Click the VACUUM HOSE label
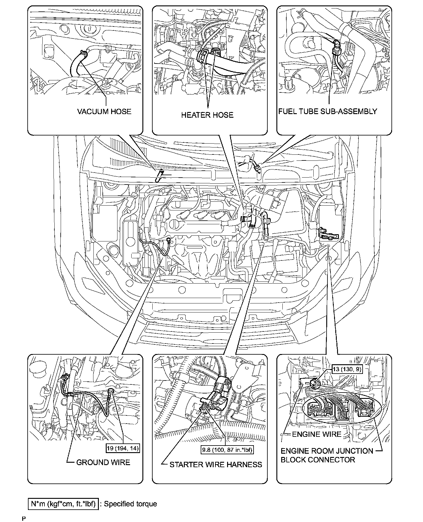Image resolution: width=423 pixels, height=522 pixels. (104, 112)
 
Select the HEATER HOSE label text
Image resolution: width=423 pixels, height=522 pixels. (207, 115)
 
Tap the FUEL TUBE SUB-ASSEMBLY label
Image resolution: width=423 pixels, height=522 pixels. (327, 111)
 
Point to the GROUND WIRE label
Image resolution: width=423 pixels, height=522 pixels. (103, 462)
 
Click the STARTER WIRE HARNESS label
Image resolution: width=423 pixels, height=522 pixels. (216, 465)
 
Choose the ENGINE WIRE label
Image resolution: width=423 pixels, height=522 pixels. (317, 434)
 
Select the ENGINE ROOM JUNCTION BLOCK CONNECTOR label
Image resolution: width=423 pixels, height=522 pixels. (327, 455)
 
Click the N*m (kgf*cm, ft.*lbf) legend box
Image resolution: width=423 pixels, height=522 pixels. (63, 504)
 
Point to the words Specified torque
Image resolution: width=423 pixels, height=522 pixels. (130, 504)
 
